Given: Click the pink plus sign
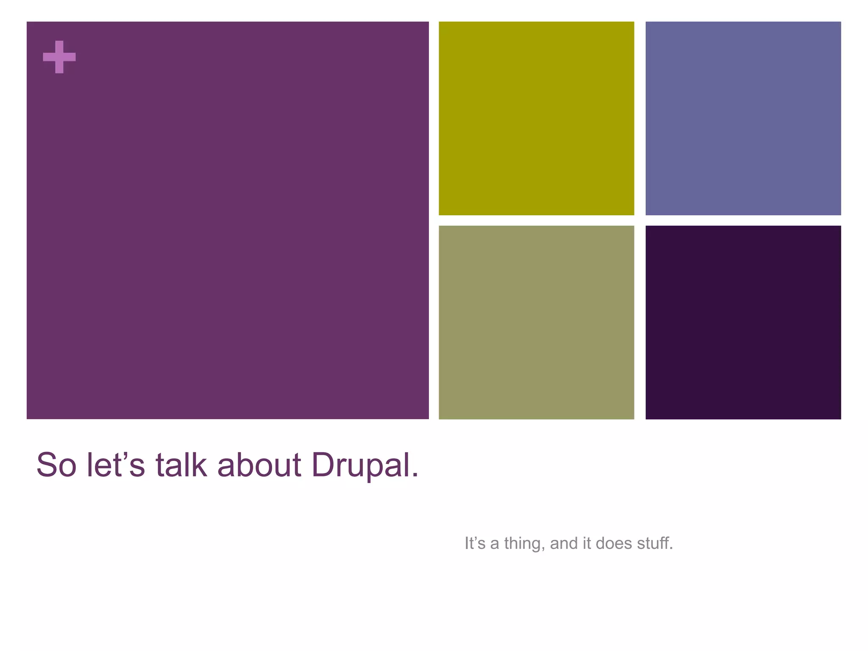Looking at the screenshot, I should pos(59,57).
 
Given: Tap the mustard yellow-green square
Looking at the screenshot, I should pos(536,118).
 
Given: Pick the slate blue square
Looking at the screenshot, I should pos(743,118).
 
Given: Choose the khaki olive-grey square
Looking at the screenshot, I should pos(536,322).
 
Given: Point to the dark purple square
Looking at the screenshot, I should pos(743,322).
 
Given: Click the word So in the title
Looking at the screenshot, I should pos(56,465).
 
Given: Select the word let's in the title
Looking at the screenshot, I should pos(116,465).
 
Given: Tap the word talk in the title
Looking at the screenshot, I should pos(181,465).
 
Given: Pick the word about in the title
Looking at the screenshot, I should pos(259,465).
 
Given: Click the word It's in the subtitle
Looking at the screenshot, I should pos(475,543).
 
